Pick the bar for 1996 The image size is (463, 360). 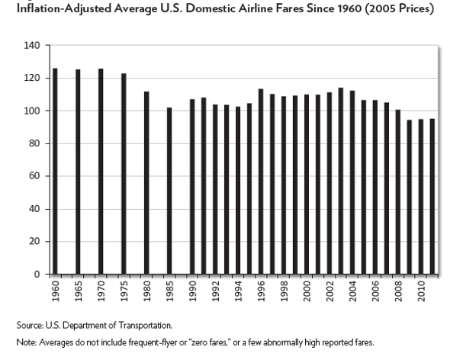pyautogui.click(x=260, y=182)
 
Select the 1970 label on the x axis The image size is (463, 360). pyautogui.click(x=101, y=290)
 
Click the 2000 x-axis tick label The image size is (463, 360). pyautogui.click(x=306, y=290)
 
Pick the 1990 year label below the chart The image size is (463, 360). pyautogui.click(x=192, y=290)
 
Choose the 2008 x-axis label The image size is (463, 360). pyautogui.click(x=397, y=290)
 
